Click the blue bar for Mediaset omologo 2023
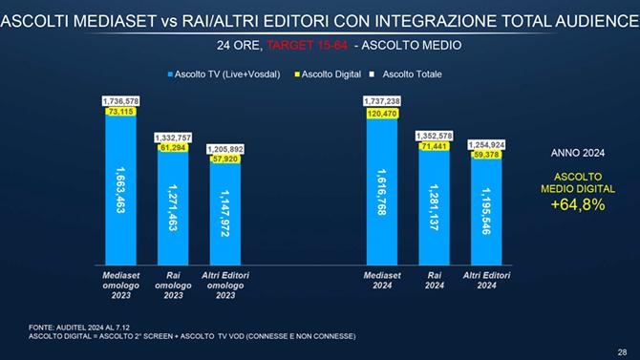click(120, 191)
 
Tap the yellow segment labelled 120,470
click(381, 112)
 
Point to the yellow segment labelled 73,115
click(120, 112)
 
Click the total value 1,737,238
click(381, 100)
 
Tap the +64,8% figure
click(577, 203)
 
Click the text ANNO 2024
click(578, 152)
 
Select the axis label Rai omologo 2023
click(174, 284)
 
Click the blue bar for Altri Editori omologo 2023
click(226, 215)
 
